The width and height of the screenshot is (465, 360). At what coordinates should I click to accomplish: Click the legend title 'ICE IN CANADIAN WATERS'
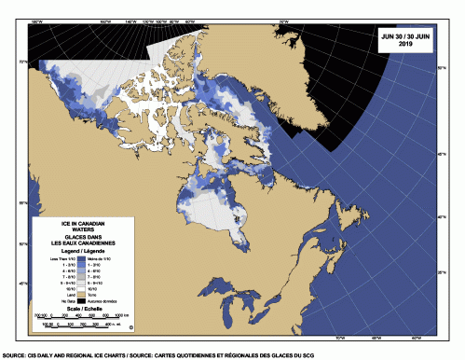(84, 228)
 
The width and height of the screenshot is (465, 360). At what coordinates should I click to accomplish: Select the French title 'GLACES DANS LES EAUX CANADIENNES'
(84, 242)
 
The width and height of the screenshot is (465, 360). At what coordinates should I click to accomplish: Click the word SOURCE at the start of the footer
(12, 355)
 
